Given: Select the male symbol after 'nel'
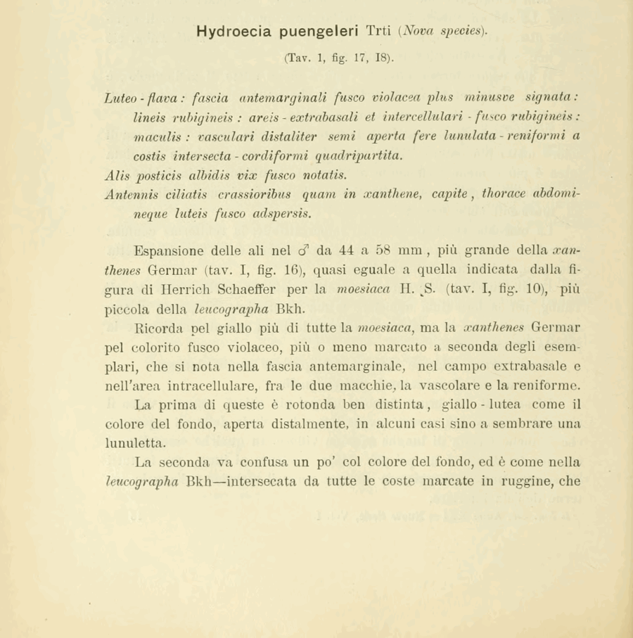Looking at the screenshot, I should point(303,250).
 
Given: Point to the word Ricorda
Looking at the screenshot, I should point(158,327).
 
